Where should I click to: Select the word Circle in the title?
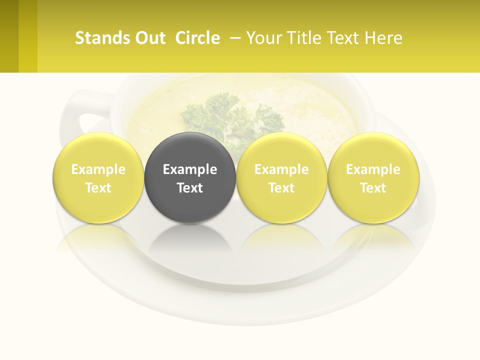point(197,38)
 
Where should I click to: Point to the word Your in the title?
point(263,38)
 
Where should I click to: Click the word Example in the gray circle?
point(190,169)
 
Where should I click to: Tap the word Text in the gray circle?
point(190,188)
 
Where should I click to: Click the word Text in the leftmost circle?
point(98,188)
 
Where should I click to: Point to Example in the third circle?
point(281,169)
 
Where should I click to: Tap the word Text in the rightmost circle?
point(373,188)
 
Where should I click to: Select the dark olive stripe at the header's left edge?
point(9,36)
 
